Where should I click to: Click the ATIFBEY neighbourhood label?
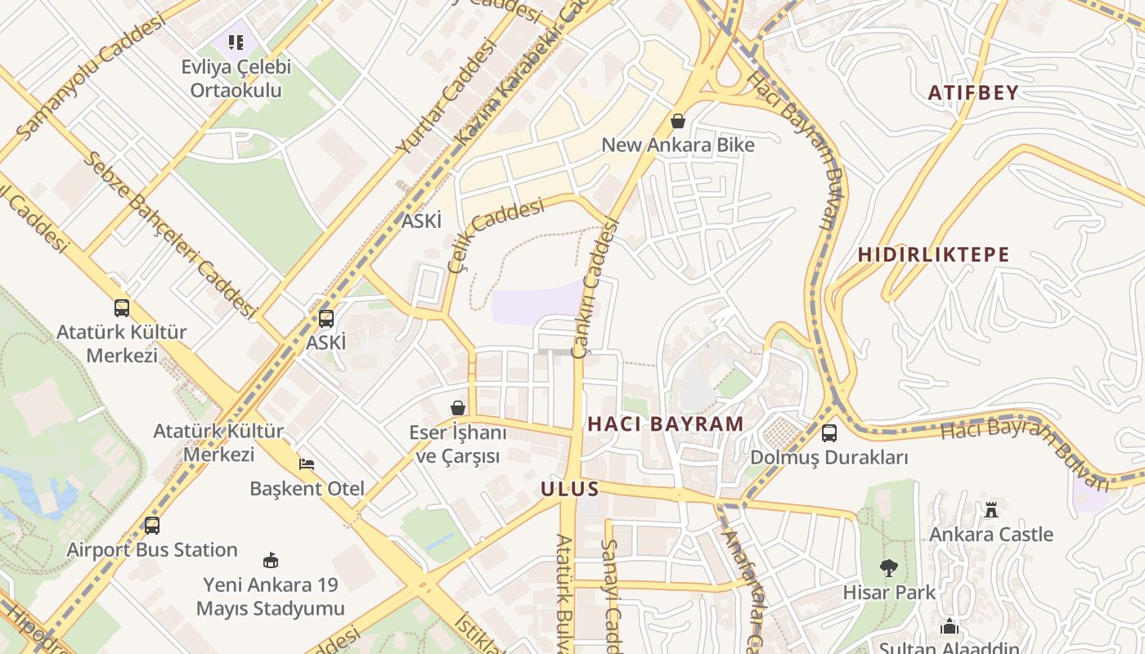coord(973,92)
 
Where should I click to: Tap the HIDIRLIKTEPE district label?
coord(933,254)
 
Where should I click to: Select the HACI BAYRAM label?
coord(666,423)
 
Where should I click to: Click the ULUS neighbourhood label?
coord(570,489)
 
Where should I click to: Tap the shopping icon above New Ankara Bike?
coord(677,122)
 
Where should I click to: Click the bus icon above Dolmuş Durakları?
coord(828,433)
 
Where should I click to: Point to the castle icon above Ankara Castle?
coord(991,510)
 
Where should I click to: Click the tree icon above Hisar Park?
coord(888,567)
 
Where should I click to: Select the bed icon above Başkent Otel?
coord(307,464)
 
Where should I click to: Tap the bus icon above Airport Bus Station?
coord(151,526)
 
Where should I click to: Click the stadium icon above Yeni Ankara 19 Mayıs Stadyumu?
coord(270,561)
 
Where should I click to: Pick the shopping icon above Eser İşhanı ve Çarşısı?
coord(458,407)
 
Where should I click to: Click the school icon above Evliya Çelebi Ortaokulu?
coord(236,42)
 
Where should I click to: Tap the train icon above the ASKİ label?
coord(326,319)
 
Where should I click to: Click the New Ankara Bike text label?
coord(678,145)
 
